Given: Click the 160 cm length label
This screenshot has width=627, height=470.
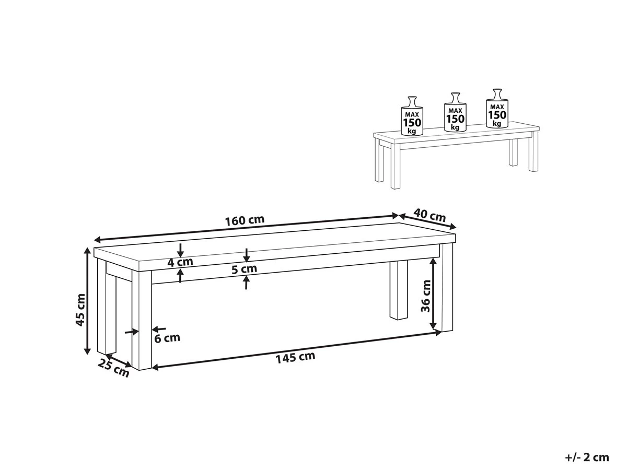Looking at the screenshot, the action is click(245, 220).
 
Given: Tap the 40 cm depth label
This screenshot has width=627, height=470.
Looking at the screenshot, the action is click(429, 216).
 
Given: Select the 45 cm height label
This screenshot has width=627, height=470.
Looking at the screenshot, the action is click(80, 310).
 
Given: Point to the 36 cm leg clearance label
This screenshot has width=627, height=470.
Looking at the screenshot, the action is click(425, 296).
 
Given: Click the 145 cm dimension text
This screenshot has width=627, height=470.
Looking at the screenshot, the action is click(295, 358).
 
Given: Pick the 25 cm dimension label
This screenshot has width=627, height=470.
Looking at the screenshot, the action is click(113, 368).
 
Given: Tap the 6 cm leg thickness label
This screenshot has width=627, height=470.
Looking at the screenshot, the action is click(167, 338).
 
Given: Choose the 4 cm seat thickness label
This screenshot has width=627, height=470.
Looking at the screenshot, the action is click(180, 262).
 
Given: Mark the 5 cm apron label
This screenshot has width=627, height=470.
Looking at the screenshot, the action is click(244, 268).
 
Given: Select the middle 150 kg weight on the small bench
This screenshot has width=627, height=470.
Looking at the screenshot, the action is click(455, 112).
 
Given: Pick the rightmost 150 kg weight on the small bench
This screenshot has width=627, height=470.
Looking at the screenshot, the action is click(497, 108).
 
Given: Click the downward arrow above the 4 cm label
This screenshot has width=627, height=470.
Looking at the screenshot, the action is click(180, 250).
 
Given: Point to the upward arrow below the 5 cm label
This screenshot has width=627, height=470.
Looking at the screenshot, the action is click(246, 283).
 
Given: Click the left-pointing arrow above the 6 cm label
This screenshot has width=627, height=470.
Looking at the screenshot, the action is click(159, 330).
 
